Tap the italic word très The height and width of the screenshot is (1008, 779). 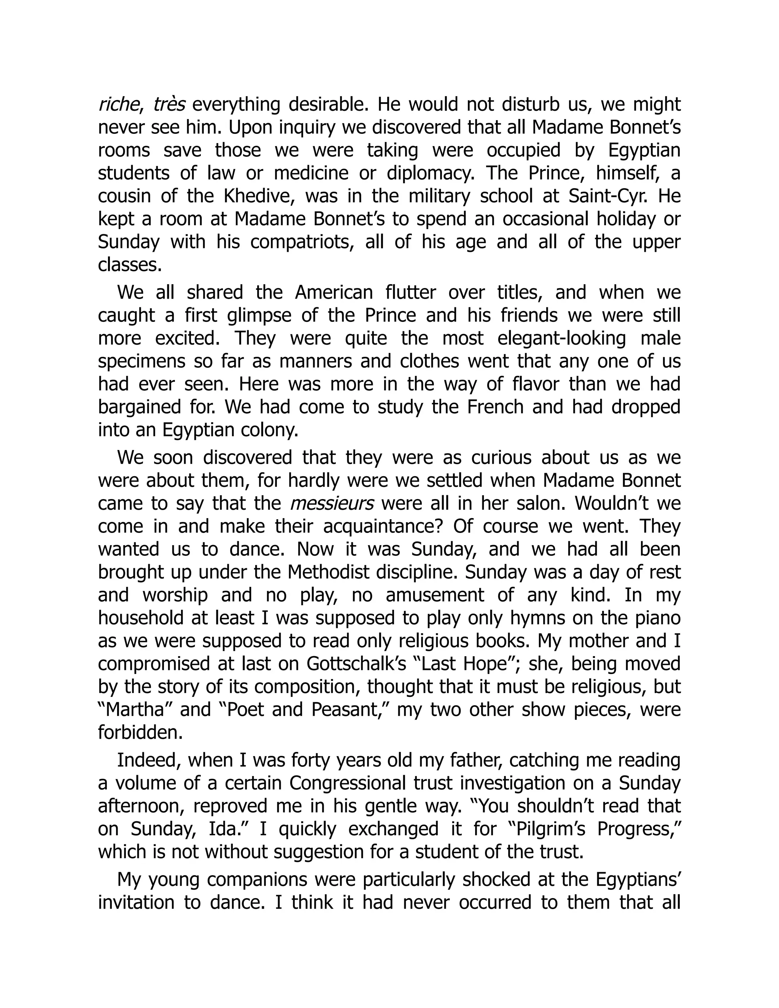[169, 105]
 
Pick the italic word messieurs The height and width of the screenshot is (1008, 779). [332, 503]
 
